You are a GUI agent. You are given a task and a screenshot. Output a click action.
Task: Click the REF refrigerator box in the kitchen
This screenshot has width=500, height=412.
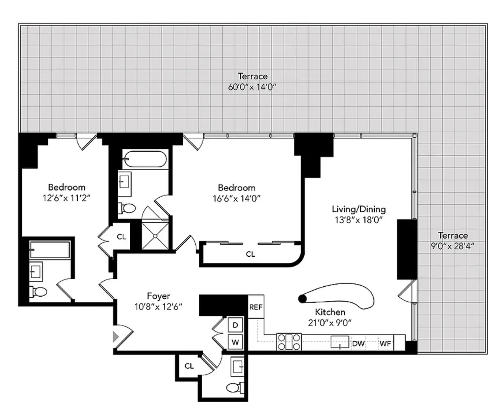[256, 307]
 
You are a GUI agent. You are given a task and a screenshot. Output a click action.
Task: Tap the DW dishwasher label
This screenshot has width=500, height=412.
[358, 343]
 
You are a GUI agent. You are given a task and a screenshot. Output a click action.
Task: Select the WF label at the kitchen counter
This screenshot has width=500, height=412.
[385, 343]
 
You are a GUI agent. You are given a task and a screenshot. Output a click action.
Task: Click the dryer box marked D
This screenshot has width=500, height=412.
[235, 325]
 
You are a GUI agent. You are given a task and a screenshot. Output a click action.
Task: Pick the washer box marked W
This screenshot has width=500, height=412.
[235, 342]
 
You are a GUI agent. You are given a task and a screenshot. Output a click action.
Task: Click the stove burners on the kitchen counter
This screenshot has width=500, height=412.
[289, 342]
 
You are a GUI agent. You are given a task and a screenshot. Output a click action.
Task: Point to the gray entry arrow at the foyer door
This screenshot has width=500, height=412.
[116, 337]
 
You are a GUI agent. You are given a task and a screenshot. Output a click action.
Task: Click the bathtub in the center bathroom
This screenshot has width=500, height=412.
[144, 159]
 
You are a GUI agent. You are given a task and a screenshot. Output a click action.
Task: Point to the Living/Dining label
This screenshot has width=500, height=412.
[359, 209]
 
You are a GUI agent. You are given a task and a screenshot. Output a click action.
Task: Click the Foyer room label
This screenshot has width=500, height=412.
[159, 296]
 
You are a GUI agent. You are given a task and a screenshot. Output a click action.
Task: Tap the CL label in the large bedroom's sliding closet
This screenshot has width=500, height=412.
[250, 254]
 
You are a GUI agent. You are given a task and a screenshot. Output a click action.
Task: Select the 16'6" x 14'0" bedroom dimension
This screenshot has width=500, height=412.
[236, 198]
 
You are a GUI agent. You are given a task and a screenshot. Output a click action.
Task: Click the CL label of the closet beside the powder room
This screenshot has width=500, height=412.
[189, 366]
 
